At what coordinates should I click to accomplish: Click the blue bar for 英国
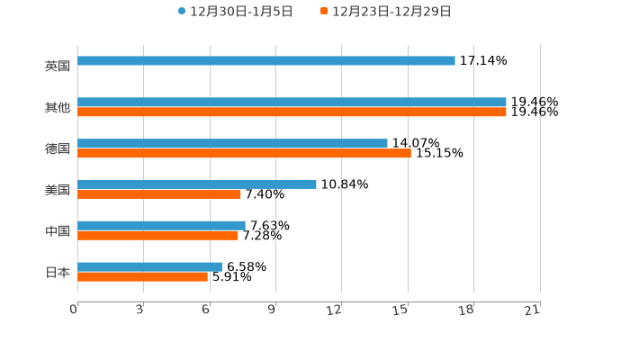coord(266,61)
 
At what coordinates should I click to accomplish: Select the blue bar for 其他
coord(292,103)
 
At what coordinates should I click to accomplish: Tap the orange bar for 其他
coord(292,112)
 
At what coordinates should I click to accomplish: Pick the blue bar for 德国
coord(232,144)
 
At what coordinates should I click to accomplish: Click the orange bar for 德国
coord(244,154)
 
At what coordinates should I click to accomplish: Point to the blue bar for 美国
coord(197,184)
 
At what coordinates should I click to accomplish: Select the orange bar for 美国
coord(159,194)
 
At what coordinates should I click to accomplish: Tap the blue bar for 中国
coord(161,226)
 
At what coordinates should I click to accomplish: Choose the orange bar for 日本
coord(142,277)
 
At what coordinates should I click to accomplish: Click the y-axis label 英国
coord(58,66)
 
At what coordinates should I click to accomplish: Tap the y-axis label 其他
coord(58,108)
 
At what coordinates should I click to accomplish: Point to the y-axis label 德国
coord(58,148)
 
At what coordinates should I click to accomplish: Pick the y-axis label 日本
coord(58,272)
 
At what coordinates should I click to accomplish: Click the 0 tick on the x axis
coord(75,310)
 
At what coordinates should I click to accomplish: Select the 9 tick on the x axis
coord(272,310)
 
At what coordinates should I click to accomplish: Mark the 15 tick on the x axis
coord(401,310)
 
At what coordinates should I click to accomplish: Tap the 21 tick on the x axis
coord(533,310)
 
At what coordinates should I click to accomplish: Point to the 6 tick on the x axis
coord(206,310)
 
